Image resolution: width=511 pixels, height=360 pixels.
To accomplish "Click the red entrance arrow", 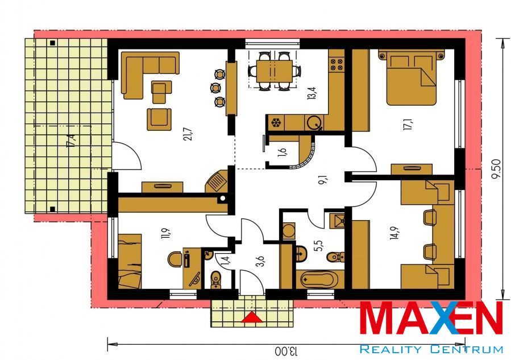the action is [251, 317].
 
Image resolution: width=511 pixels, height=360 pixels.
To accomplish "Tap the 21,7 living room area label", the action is [188, 134].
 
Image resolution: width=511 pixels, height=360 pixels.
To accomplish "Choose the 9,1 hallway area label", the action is [324, 180].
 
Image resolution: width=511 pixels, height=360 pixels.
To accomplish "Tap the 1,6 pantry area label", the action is [282, 152].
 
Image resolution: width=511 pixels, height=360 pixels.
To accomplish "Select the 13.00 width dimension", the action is [286, 351].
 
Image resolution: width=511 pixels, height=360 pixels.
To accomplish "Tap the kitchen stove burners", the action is [336, 64].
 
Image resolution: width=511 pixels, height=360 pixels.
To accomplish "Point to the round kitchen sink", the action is [314, 123].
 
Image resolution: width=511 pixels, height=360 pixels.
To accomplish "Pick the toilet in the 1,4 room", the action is [215, 280].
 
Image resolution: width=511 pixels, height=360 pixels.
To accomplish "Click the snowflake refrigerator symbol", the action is [276, 123].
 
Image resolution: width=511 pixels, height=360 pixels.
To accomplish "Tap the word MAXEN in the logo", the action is [431, 318].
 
